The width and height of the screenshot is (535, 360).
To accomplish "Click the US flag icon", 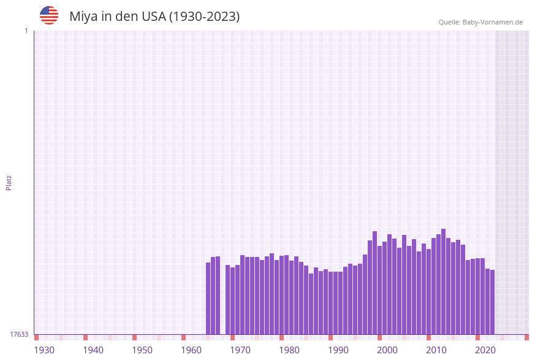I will pyautogui.click(x=49, y=15).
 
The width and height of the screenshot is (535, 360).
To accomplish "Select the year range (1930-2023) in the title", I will pyautogui.click(x=204, y=17).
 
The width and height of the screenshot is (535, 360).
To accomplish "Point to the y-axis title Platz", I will pyautogui.click(x=9, y=182).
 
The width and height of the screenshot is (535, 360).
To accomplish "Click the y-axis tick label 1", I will pyautogui.click(x=26, y=31).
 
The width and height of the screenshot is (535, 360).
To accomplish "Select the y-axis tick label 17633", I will pyautogui.click(x=19, y=334).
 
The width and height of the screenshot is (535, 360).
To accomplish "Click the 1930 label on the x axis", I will pyautogui.click(x=44, y=350).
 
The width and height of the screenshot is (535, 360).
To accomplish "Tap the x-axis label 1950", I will pyautogui.click(x=142, y=350).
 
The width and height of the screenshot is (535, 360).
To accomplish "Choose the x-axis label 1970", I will pyautogui.click(x=240, y=350).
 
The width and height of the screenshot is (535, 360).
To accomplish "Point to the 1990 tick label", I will pyautogui.click(x=338, y=350).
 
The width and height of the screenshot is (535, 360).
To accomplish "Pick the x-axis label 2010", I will pyautogui.click(x=436, y=350).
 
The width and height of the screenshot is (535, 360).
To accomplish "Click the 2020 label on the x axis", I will pyautogui.click(x=485, y=350).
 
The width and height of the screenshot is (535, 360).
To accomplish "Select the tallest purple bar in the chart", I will pyautogui.click(x=443, y=281).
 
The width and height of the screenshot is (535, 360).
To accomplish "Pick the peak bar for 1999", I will pyautogui.click(x=374, y=283).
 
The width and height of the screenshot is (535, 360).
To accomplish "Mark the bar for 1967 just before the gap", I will pyautogui.click(x=218, y=295).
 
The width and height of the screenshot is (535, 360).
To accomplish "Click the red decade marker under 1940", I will pyautogui.click(x=85, y=337).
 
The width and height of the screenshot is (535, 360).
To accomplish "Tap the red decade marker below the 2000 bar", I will pyautogui.click(x=379, y=337).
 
